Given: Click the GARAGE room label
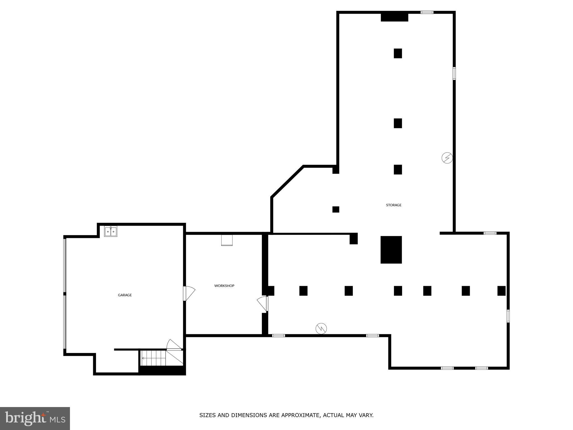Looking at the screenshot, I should tap(125, 295).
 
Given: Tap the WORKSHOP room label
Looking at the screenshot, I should tap(224, 286).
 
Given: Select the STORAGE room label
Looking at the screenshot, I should tap(394, 205).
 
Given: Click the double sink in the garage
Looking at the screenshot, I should tap(111, 232).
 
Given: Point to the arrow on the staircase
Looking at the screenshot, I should tap(144, 358).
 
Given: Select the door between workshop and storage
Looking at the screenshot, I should tap(262, 304).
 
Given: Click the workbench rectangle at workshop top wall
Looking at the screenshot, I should tap(227, 240).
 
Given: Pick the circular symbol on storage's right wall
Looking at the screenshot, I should tap(447, 158).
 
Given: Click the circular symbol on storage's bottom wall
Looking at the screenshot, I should tap(321, 328).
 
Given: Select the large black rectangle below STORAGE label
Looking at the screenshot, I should tap(391, 250).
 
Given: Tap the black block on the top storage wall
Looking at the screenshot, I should tap(394, 17).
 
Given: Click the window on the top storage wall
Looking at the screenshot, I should tap(427, 12).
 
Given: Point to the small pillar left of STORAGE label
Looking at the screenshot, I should tap(336, 209).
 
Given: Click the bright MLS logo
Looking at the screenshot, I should tap(35, 419).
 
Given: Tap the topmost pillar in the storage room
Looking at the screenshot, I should tap(398, 53).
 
